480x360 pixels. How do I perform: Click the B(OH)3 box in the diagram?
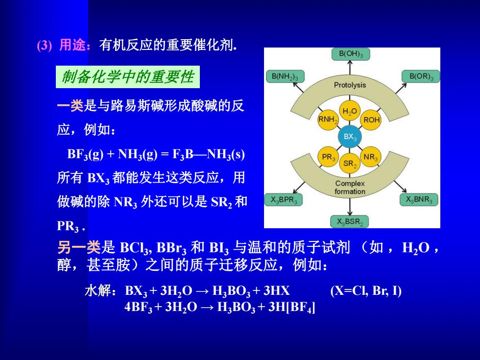pos(351,54)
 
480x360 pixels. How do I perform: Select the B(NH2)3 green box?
pos(285,76)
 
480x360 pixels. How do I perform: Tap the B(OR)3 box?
pos(421,76)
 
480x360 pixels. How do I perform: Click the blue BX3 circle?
pos(350,137)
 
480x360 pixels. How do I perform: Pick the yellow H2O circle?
pos(350,111)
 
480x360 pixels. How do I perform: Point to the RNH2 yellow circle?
pos(328,120)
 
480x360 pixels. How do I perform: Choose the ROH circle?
pos(371,120)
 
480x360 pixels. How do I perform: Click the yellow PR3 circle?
pos(328,157)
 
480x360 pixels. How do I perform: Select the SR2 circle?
pos(350,164)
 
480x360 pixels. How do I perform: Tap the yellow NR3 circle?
pos(370,157)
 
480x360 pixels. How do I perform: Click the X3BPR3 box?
pos(284,200)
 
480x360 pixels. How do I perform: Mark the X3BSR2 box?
pos(350,221)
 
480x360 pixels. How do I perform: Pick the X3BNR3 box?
pos(419,200)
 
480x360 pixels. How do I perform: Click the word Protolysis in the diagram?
pos(350,85)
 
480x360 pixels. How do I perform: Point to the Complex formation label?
pos(350,187)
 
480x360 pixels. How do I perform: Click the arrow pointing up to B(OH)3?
pos(350,68)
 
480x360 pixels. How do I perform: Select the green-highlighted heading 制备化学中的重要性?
pos(128,77)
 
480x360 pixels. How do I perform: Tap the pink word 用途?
pos(72,45)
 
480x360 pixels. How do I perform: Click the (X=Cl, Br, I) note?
pos(366,290)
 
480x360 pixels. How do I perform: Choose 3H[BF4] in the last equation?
pos(292,307)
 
